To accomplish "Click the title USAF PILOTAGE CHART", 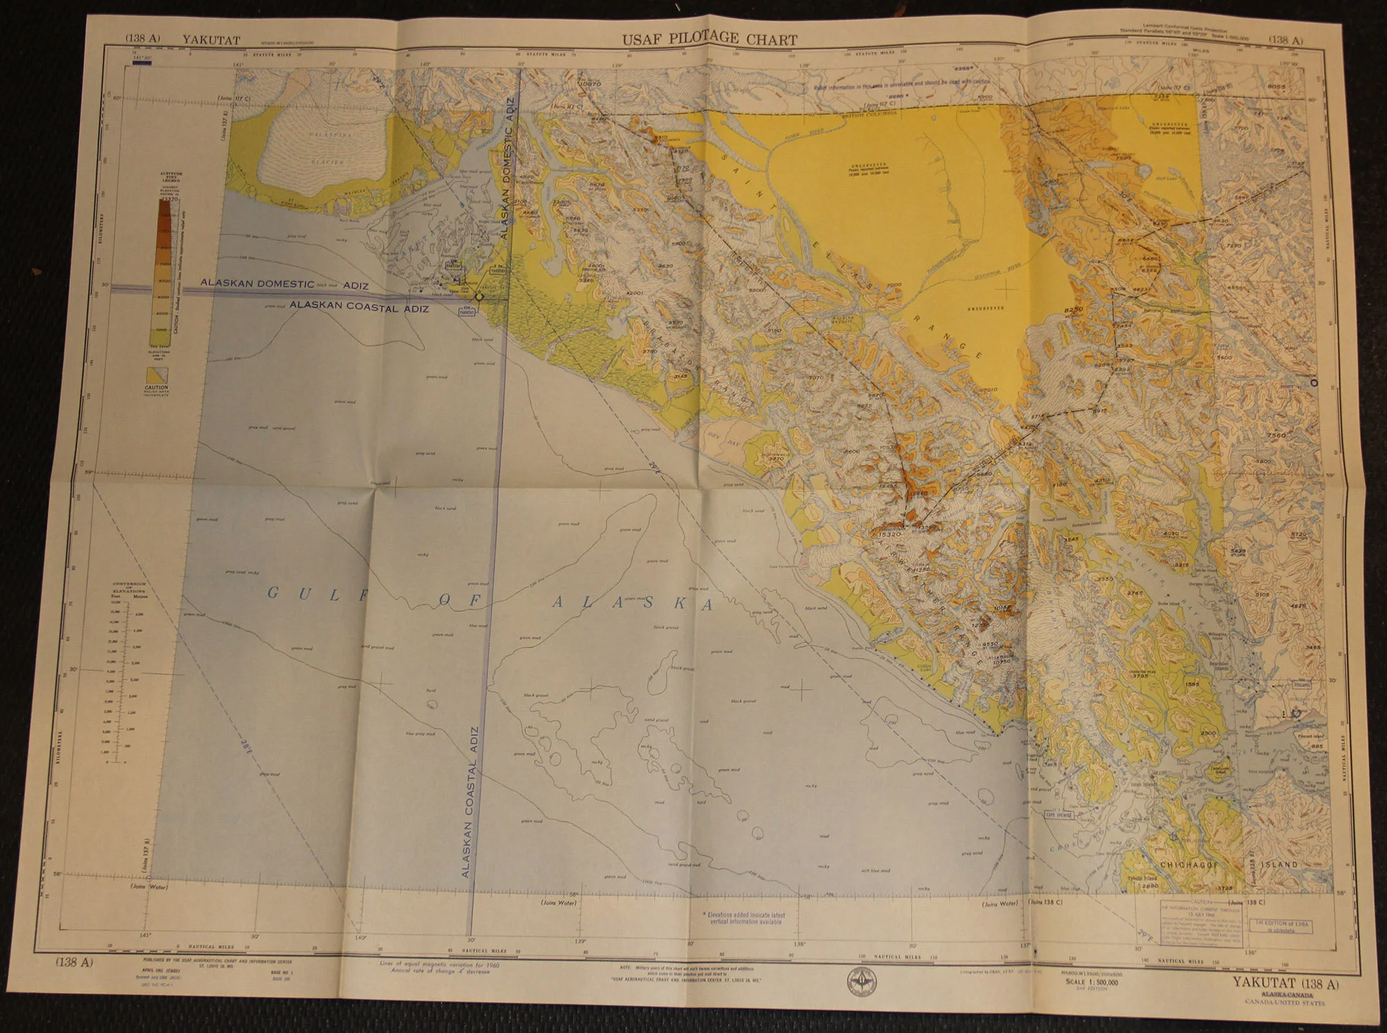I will (709, 40).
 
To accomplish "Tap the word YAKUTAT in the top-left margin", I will (212, 40).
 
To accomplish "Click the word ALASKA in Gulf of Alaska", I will (632, 603).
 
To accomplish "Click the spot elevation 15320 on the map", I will (889, 535).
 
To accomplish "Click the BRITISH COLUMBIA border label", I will (870, 113).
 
